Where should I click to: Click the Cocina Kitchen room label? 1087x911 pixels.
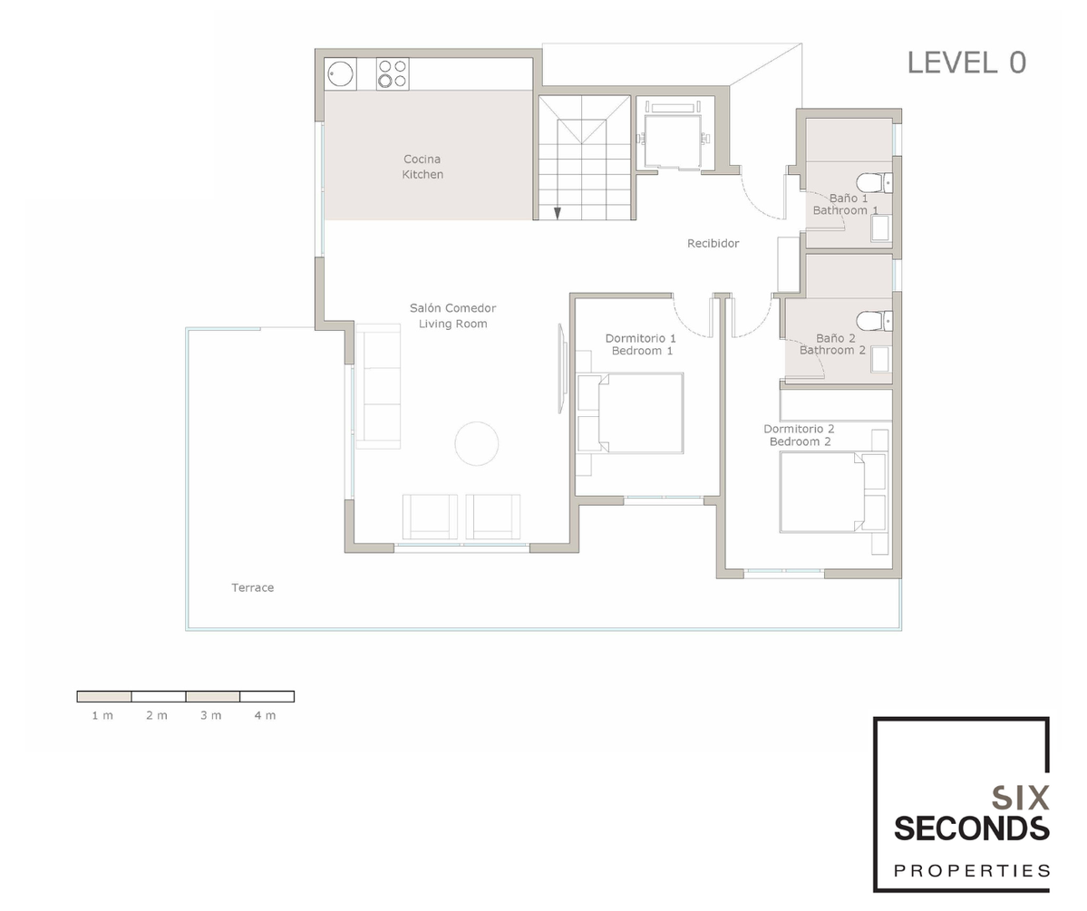coord(422,167)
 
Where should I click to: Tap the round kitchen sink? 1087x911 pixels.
coord(340,74)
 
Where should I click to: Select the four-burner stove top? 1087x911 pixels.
coord(393,74)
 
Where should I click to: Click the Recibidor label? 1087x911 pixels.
coord(713,243)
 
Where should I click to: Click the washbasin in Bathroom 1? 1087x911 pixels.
coord(880,228)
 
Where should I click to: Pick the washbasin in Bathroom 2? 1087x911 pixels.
coord(880,359)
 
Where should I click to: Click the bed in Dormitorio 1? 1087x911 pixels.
coord(631,413)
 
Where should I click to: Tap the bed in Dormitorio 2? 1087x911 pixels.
coord(832,492)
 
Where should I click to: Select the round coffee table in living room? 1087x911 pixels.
coord(476,443)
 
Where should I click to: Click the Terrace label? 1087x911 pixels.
coord(252,588)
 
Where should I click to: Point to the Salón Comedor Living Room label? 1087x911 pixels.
coord(452,316)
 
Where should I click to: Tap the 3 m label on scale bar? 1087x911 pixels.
coord(210,715)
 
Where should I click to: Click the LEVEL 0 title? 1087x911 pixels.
coord(966,63)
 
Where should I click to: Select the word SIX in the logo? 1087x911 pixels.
coord(1020,799)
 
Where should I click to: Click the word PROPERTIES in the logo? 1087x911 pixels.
coord(972,871)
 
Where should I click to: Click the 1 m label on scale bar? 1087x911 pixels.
coord(102,715)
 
